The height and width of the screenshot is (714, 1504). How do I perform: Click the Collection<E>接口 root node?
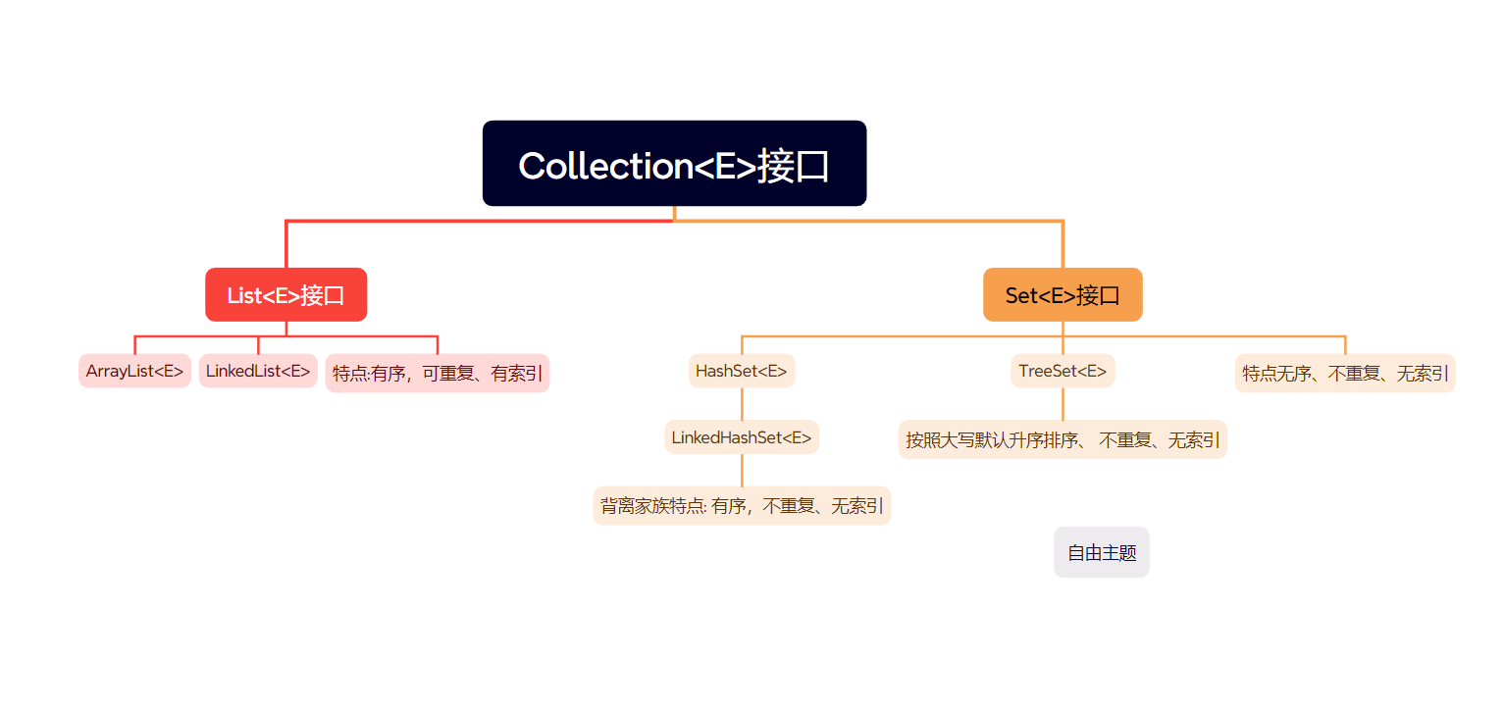tap(674, 164)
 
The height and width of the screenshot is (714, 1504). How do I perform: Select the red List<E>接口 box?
tap(285, 294)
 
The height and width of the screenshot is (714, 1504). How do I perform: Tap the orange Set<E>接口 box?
tap(1063, 294)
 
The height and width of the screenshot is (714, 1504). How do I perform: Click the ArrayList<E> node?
tap(134, 371)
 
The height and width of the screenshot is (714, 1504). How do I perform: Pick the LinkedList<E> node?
tap(258, 371)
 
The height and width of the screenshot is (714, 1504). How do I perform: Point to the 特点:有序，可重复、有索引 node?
tap(437, 373)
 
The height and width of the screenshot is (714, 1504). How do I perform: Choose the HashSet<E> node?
tap(741, 371)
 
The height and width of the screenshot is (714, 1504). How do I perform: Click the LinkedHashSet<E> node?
tap(741, 437)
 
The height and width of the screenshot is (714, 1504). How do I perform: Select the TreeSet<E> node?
tap(1063, 371)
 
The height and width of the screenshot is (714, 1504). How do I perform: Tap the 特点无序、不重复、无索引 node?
tap(1344, 373)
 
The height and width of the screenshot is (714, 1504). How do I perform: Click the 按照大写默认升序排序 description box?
tap(1063, 439)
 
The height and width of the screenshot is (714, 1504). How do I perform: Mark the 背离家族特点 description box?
tap(741, 506)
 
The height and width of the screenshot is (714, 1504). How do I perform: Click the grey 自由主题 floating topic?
tap(1101, 552)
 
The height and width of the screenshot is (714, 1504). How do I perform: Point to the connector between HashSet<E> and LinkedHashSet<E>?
tap(742, 404)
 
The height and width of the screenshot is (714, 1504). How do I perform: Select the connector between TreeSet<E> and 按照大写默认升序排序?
tap(1063, 404)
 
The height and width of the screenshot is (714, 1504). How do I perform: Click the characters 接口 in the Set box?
tap(1098, 295)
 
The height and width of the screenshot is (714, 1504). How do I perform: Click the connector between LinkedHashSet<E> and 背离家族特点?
tap(742, 471)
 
